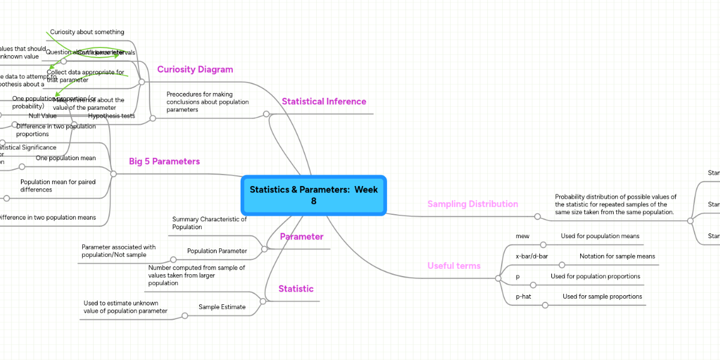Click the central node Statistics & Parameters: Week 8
click(x=313, y=195)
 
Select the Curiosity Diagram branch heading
click(x=195, y=70)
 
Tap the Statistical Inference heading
click(x=324, y=102)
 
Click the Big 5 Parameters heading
click(x=164, y=161)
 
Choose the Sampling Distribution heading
click(x=472, y=204)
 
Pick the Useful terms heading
click(x=454, y=266)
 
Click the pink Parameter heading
click(x=301, y=237)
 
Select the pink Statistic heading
click(x=296, y=289)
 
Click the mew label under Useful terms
click(x=523, y=236)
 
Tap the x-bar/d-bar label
click(x=532, y=256)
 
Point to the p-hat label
click(x=523, y=296)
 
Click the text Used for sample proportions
click(x=602, y=296)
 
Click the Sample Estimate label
click(x=222, y=307)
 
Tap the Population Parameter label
click(x=217, y=251)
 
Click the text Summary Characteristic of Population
click(x=209, y=223)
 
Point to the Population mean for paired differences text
click(x=58, y=186)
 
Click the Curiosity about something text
click(x=87, y=32)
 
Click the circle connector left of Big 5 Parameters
click(x=113, y=174)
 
